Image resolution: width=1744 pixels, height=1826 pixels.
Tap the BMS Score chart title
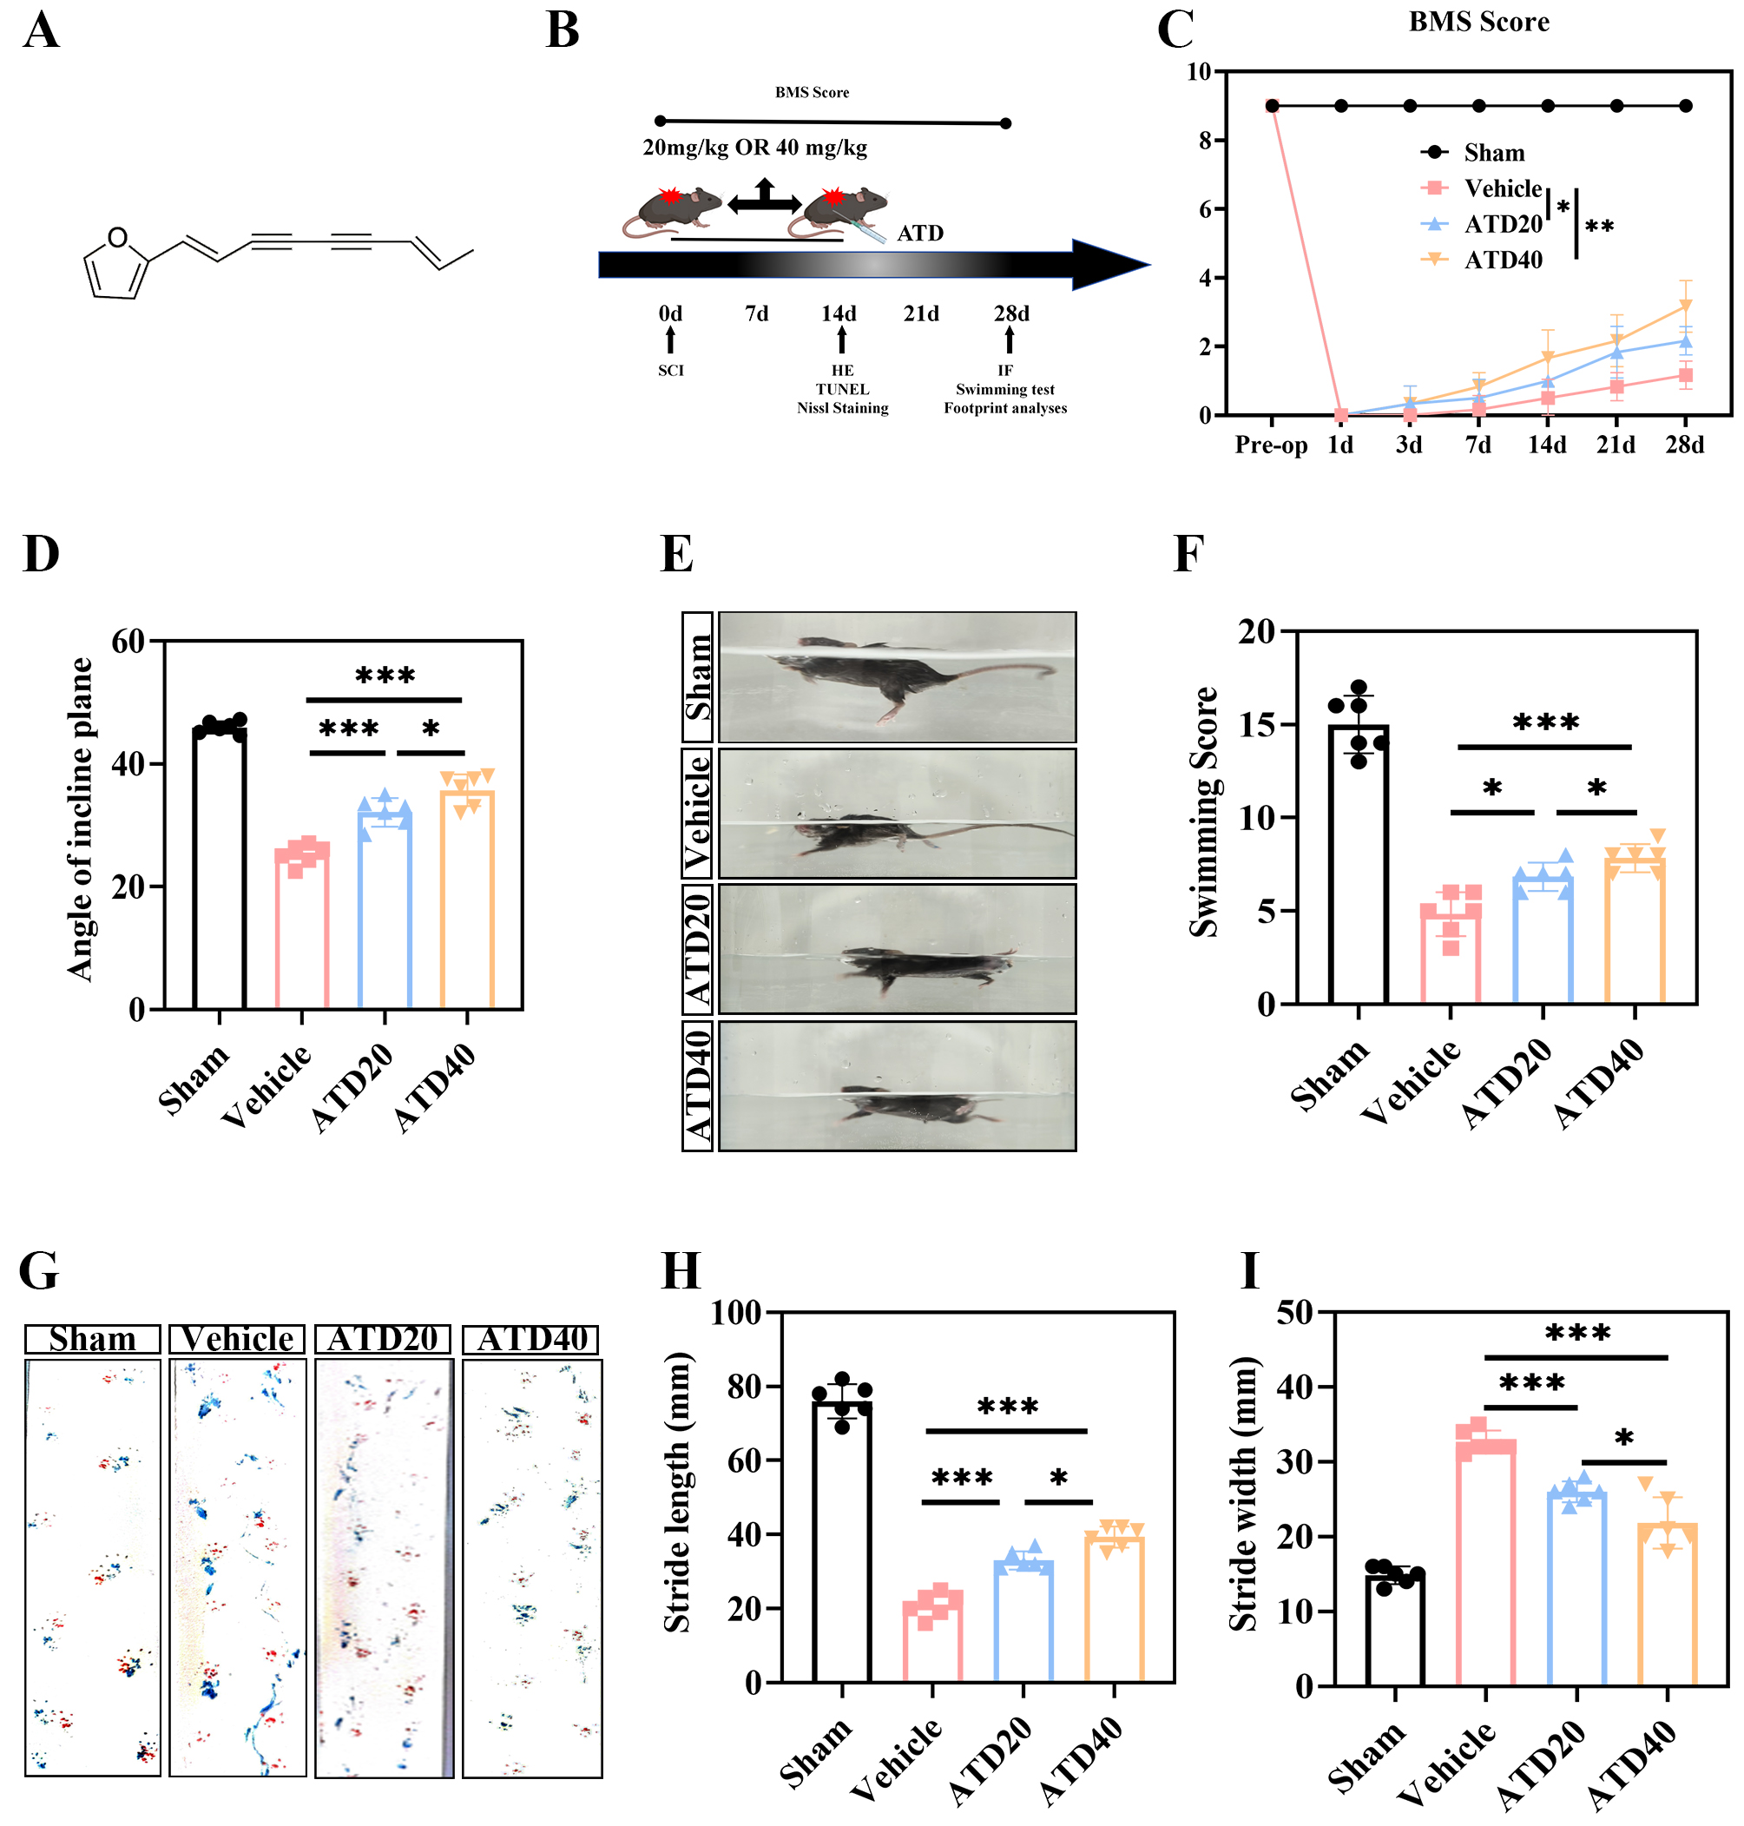[1478, 23]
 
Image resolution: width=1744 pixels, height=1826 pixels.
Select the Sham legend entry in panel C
[1493, 153]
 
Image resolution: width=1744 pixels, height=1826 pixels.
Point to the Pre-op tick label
[1270, 445]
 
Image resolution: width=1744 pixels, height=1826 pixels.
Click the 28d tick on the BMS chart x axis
[1683, 445]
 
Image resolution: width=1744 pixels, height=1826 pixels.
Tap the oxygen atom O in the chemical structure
[117, 238]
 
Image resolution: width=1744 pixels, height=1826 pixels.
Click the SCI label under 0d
[670, 371]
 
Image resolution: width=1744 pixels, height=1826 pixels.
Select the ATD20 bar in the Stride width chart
[1576, 1589]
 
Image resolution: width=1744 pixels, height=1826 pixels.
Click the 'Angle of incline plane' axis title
[81, 819]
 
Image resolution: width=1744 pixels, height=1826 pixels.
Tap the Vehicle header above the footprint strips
[237, 1339]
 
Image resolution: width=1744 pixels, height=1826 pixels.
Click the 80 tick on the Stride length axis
[745, 1387]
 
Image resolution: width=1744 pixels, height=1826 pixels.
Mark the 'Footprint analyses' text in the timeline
[1004, 408]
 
